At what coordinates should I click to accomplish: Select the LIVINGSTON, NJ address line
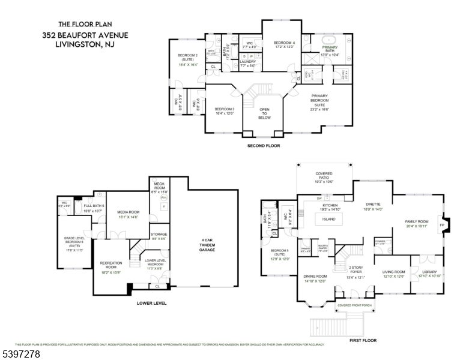coord(84,44)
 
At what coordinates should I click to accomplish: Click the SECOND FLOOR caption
coord(263,146)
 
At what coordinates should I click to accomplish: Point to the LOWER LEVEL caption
coord(151,303)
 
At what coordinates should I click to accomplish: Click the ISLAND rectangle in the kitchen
coord(328,220)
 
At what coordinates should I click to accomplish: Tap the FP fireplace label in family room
coord(442,225)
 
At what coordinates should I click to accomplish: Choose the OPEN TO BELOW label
coord(264,113)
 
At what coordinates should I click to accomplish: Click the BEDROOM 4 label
coord(285,43)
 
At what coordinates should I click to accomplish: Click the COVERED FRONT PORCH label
coord(354,305)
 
